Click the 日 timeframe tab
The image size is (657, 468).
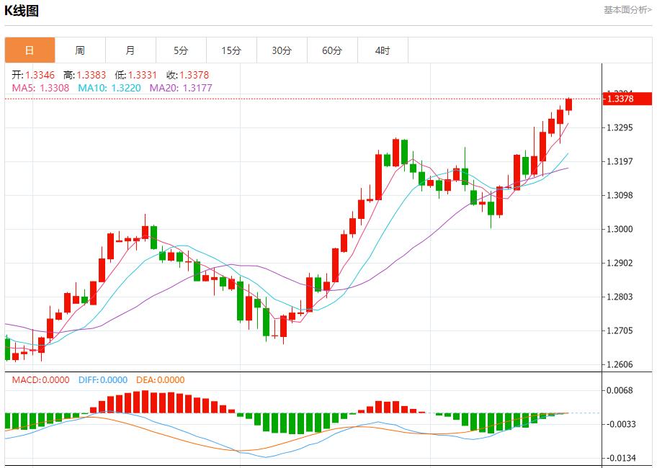click(x=30, y=50)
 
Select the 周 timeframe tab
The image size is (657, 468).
click(x=80, y=50)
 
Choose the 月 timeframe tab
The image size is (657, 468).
click(x=130, y=50)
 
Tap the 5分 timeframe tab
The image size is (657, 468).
click(x=181, y=50)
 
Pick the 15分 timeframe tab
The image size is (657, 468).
click(x=231, y=50)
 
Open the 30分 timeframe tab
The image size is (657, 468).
click(x=282, y=50)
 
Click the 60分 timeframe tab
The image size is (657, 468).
click(x=332, y=50)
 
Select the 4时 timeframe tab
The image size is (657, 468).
click(x=383, y=50)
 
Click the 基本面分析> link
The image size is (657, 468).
click(x=627, y=10)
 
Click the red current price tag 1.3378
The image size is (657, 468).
click(x=620, y=99)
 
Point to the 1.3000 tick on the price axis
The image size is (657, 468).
click(x=620, y=229)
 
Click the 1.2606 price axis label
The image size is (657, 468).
click(x=620, y=364)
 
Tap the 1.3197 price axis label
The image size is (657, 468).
click(x=620, y=161)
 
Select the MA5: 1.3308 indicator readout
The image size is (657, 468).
click(x=40, y=88)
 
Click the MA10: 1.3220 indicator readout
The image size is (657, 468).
click(x=109, y=88)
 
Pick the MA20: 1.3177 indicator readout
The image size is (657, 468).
click(x=181, y=88)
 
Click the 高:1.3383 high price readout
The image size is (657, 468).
click(x=85, y=75)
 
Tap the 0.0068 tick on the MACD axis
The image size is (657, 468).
click(x=620, y=391)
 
